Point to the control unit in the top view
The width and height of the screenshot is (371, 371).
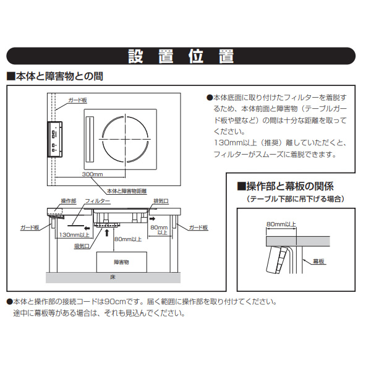(54, 137)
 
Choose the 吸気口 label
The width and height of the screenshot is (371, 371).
(82, 246)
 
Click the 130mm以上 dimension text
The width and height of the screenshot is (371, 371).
(75, 235)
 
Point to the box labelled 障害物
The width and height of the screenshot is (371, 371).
(122, 262)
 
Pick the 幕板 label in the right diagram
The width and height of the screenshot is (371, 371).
(319, 262)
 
